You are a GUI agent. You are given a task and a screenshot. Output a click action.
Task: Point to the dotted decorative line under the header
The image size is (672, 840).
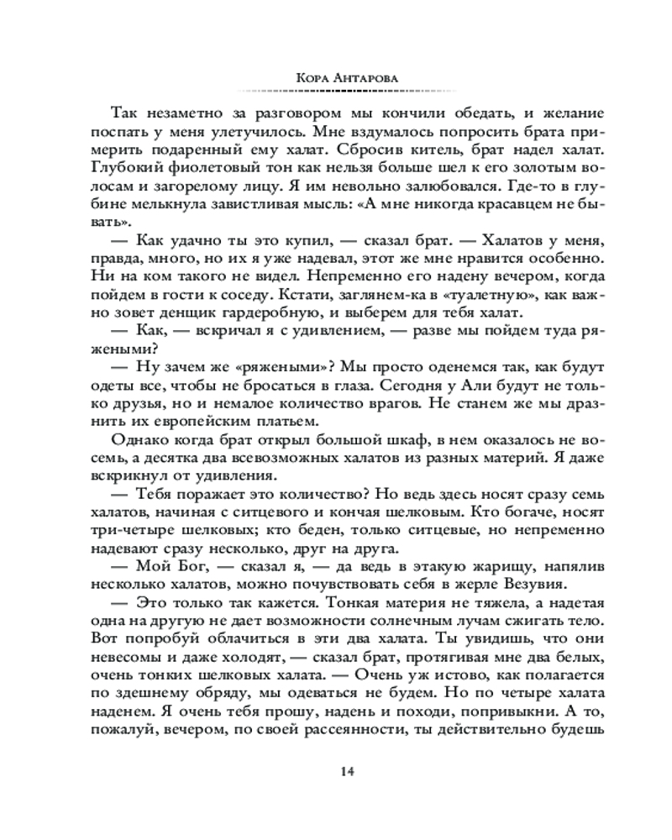click(x=336, y=88)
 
